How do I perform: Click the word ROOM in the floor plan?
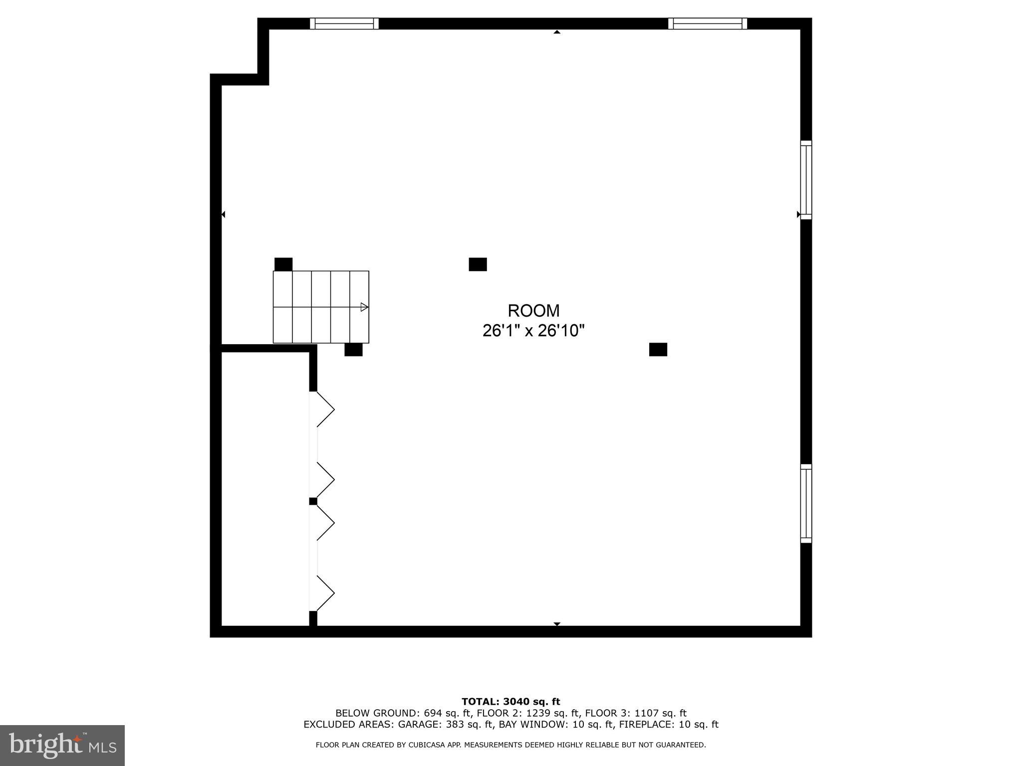[533, 311]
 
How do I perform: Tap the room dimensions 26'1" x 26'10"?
[533, 331]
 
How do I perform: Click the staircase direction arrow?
[364, 307]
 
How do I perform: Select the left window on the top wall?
[344, 23]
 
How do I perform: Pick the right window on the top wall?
[708, 23]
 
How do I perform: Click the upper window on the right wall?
[806, 180]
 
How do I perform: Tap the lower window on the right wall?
[806, 504]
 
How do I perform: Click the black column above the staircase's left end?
[283, 264]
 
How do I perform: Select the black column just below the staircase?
[353, 350]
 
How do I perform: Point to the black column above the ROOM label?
[478, 264]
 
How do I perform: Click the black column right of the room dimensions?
[658, 350]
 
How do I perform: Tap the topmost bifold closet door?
[324, 409]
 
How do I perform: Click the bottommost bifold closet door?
[324, 593]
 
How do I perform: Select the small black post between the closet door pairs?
[313, 501]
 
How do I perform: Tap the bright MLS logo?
[62, 746]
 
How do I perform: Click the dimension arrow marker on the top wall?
[557, 32]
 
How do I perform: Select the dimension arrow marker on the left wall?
[224, 214]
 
